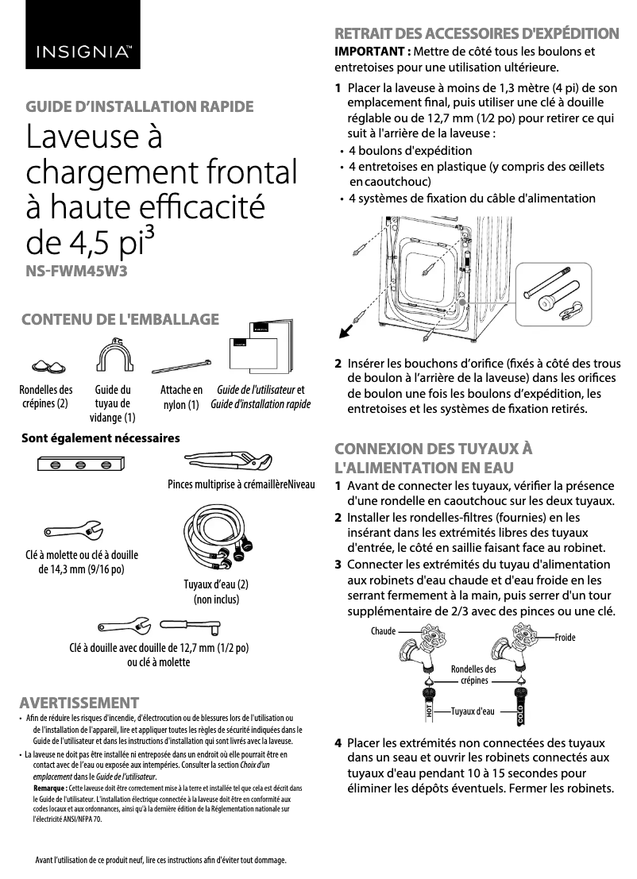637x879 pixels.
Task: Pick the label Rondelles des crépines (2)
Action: [x=45, y=397]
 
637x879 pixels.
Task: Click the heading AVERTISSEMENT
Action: [x=79, y=703]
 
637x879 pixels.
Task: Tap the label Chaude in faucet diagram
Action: [x=383, y=631]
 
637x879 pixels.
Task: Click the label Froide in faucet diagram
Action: [x=565, y=638]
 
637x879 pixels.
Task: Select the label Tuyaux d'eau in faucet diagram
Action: [x=473, y=711]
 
